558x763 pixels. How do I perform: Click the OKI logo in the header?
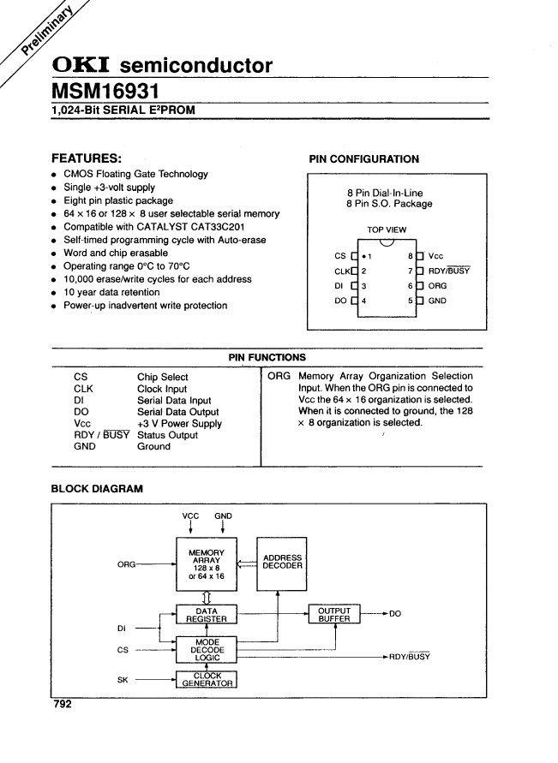coord(81,65)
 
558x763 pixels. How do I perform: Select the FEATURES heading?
coord(86,158)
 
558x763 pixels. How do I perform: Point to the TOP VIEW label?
coord(387,229)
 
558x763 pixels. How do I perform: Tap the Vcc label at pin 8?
coord(436,256)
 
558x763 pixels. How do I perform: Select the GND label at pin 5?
coord(437,301)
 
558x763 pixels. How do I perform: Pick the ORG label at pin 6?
coord(438,286)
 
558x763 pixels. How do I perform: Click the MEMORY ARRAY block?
coord(207,563)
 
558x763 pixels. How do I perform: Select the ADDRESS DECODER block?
coord(282,563)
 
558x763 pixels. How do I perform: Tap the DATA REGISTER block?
coord(207,615)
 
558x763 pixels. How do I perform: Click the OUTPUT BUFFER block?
coord(334,615)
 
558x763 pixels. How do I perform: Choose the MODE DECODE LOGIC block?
coord(207,650)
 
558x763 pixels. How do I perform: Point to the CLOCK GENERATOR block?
coord(207,680)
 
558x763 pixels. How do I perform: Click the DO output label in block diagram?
coord(395,613)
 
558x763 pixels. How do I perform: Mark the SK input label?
coord(123,681)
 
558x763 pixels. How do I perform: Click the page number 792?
coord(63,704)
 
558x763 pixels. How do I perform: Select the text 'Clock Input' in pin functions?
coord(162,389)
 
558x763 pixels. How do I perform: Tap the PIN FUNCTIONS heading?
coord(267,357)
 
